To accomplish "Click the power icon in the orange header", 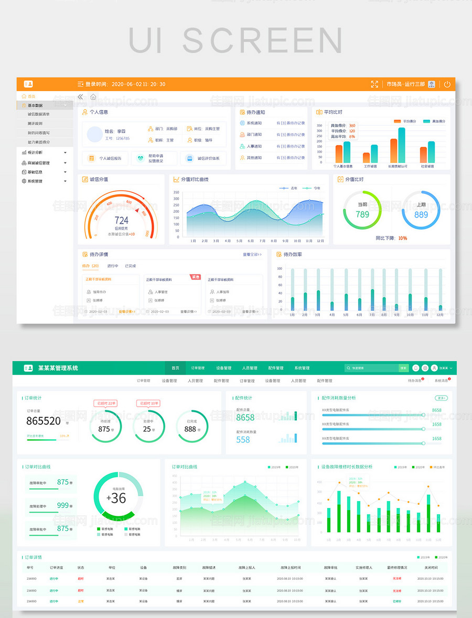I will tap(447, 84).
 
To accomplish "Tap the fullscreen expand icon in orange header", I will tap(374, 84).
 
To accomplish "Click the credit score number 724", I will tap(122, 221).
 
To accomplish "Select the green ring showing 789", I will tap(362, 214).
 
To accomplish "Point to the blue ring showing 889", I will tap(421, 214).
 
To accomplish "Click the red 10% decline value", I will tap(402, 238).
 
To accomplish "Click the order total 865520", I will tap(44, 421).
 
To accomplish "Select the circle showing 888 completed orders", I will tap(190, 428).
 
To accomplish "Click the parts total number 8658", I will tap(245, 417).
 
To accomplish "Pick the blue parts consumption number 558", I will tap(243, 440).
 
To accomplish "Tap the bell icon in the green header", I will tap(416, 368).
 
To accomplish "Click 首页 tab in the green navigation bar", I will tap(175, 368).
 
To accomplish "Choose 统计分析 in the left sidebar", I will tap(35, 153).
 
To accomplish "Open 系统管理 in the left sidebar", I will tap(35, 181).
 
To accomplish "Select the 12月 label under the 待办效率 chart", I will tap(439, 315).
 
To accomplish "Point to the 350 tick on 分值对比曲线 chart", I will tap(176, 192).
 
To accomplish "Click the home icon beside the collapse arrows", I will tap(93, 97).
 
